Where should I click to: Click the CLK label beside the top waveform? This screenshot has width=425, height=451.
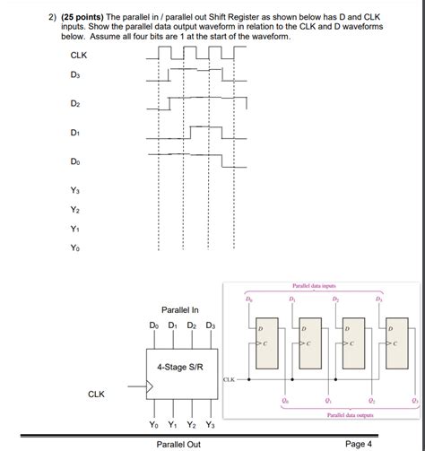pos(79,56)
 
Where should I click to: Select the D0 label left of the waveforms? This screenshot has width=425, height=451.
pos(75,161)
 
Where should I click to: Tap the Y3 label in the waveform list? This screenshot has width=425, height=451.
pos(75,190)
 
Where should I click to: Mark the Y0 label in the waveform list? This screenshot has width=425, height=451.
pos(75,250)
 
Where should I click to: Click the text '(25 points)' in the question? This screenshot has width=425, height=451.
pos(54,17)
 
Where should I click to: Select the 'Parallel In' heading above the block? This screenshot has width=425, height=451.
pos(179,310)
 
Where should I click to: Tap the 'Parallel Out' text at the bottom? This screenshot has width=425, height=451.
pos(178,444)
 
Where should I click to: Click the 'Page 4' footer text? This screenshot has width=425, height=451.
pos(358,444)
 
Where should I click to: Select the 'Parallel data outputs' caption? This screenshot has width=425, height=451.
pos(344,415)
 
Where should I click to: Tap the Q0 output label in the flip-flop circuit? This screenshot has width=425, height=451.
pos(284,400)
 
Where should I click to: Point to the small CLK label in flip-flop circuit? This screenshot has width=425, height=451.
pos(229,379)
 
